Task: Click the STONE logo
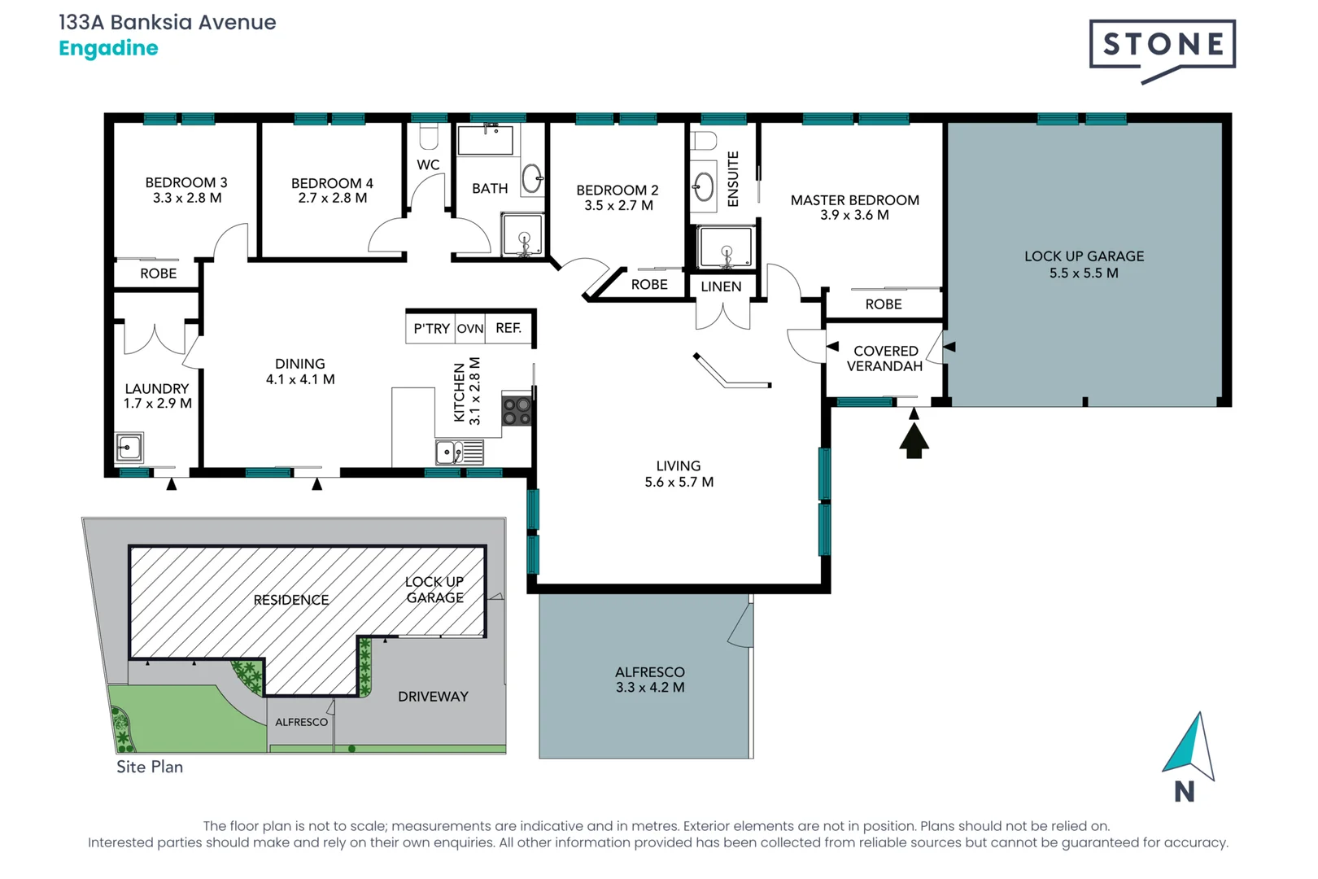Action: pos(1162,47)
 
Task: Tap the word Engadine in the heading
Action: pos(108,48)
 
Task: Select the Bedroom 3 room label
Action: pos(186,183)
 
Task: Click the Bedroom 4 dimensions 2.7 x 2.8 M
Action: pos(332,198)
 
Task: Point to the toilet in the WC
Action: pos(429,135)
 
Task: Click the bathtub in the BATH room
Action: pos(486,140)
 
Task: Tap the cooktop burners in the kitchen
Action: pos(517,411)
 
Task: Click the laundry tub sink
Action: pos(129,448)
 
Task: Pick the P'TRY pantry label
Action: pos(430,329)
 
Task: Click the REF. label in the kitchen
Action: pos(508,328)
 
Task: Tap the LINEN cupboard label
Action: pos(721,286)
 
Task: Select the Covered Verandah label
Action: pos(885,358)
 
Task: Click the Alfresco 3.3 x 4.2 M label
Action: pos(649,680)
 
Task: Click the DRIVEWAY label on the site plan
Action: pos(433,697)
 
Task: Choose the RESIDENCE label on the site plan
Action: pos(290,600)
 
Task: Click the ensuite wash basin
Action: pos(704,188)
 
